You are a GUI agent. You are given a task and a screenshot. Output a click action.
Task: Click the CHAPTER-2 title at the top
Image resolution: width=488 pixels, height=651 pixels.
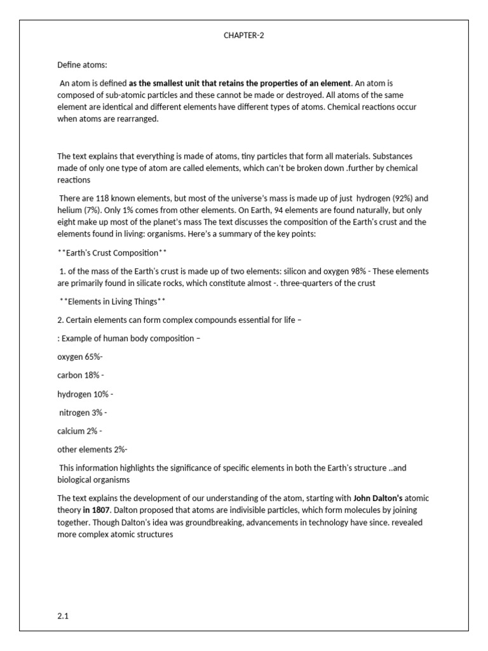point(243,36)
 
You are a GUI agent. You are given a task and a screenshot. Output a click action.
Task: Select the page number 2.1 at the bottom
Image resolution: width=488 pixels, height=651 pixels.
point(63,616)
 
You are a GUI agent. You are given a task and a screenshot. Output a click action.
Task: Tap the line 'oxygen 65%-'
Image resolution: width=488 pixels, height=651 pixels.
point(80,357)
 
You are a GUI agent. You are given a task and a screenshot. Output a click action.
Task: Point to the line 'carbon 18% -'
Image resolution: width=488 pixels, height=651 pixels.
point(80,375)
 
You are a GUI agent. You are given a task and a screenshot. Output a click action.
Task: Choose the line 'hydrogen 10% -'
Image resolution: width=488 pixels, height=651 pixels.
point(85,394)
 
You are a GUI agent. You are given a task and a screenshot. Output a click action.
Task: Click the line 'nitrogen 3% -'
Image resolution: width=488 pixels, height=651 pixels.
point(83,413)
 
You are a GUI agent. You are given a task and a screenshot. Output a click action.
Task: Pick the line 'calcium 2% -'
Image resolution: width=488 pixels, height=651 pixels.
point(80,431)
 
